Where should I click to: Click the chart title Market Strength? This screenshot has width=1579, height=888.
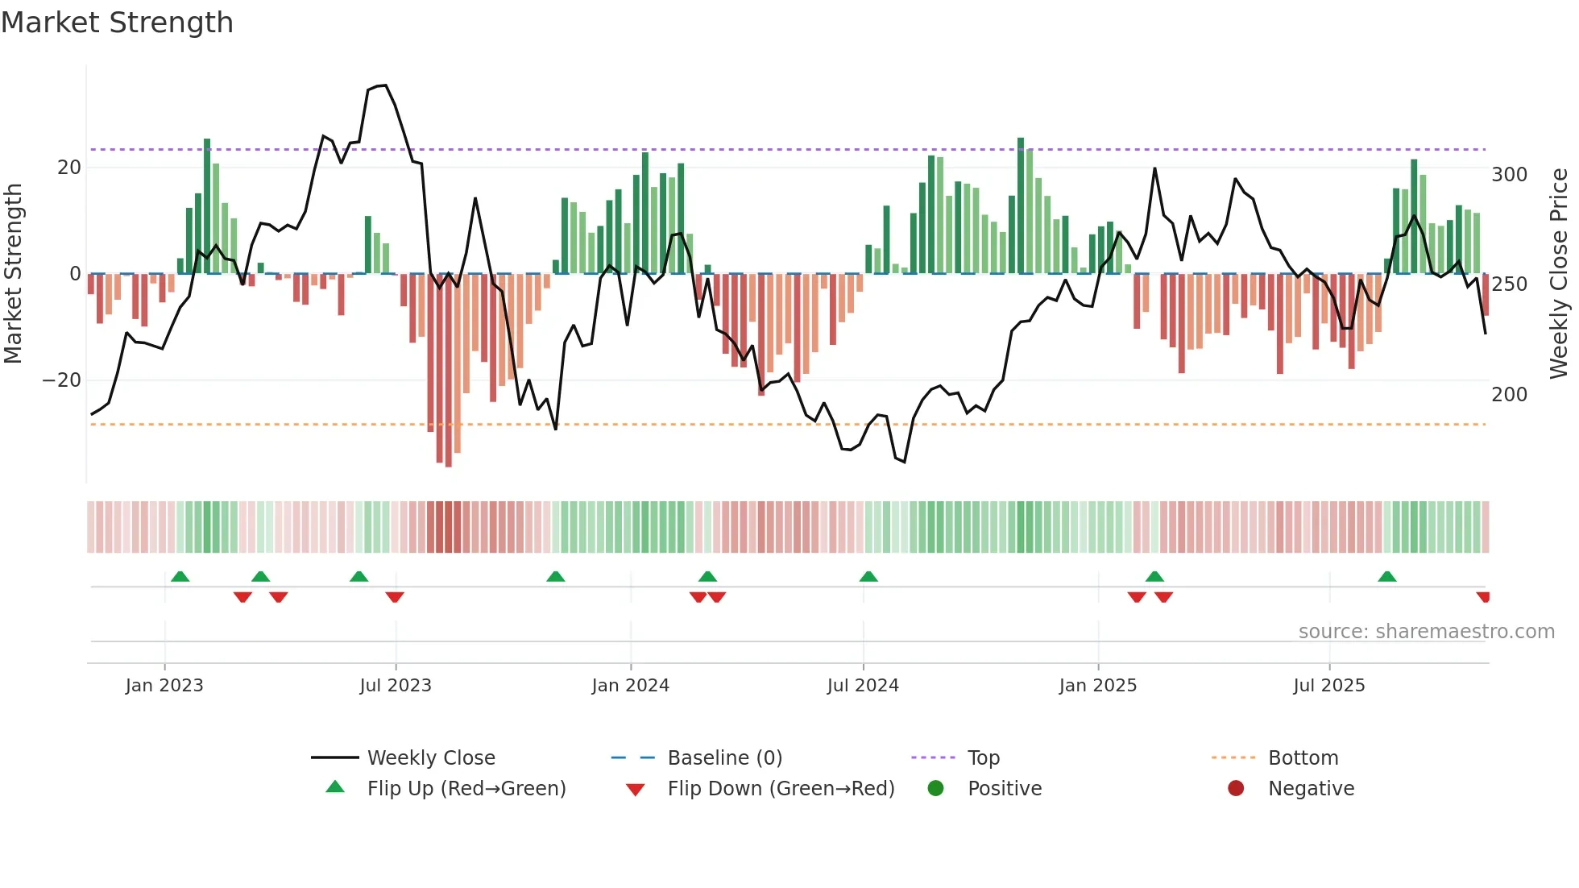pos(117,23)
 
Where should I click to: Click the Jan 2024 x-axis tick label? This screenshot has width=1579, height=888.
pos(630,686)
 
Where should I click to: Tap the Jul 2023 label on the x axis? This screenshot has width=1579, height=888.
pos(396,686)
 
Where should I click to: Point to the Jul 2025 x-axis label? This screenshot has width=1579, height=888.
pos(1328,686)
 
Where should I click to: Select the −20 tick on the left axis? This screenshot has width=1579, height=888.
pos(62,380)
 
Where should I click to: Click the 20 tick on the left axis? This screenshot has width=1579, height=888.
pos(69,168)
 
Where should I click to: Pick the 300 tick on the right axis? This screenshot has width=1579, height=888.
pos(1509,175)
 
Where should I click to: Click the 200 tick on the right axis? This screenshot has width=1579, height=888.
pos(1509,395)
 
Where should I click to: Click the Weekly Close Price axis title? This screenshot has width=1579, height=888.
pos(1559,274)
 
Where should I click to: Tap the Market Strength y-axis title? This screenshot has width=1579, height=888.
pos(14,274)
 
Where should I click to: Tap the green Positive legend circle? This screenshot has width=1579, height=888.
pos(935,789)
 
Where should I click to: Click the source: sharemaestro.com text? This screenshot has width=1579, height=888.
pos(1426,632)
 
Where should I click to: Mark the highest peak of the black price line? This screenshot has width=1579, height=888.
pos(385,85)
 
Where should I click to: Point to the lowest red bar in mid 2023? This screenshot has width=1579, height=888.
pos(449,464)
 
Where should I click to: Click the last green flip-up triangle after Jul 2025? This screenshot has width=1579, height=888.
pos(1386,577)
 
